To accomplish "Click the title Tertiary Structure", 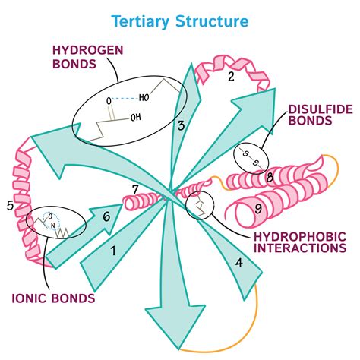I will point(179,19).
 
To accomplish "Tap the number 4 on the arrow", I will point(239,265).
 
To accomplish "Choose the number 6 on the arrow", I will point(106,216).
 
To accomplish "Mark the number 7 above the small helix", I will point(135,189).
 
